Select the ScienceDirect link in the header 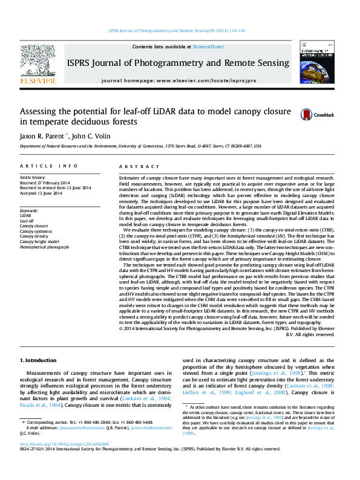point(208,47)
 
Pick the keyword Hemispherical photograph point(44,247)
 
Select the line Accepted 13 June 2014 point(41,193)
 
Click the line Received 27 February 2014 point(44,183)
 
